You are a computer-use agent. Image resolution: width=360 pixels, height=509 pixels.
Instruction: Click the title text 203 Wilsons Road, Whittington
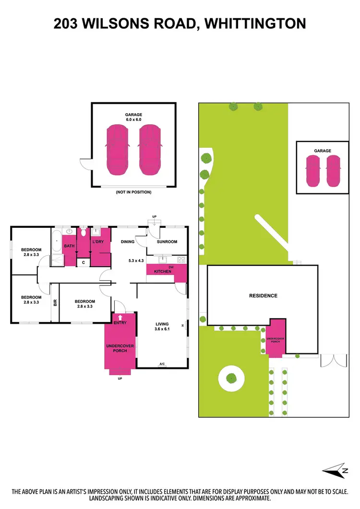[x=180, y=24]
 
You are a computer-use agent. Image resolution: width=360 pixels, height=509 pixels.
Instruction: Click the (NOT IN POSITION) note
[x=133, y=192]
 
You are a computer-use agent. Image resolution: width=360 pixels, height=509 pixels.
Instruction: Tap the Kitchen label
[x=162, y=272]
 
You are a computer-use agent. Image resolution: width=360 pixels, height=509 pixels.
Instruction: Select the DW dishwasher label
[x=170, y=267]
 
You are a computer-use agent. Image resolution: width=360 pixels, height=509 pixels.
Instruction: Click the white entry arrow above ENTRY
[x=120, y=317]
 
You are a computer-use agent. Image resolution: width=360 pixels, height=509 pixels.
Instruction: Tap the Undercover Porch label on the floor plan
[x=120, y=348]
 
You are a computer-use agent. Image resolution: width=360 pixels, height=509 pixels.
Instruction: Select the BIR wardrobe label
[x=55, y=302]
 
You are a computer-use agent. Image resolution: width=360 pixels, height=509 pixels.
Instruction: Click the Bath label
[x=70, y=246]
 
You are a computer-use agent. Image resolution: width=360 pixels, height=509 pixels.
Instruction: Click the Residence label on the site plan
[x=263, y=296]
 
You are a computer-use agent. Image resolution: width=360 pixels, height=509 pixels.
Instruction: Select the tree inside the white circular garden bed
[x=232, y=378]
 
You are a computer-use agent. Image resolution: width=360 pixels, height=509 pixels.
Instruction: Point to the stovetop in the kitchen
[x=181, y=260]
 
